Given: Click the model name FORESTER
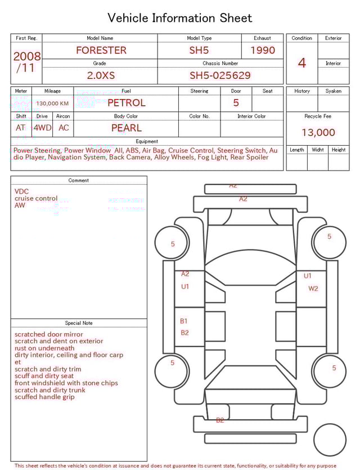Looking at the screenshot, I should point(101,50).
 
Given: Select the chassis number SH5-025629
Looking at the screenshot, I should point(220,75).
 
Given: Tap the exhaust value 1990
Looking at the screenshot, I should point(263,50).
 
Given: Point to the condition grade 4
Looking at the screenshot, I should point(302,62).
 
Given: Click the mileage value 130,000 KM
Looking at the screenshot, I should point(52,104).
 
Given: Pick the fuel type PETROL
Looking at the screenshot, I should point(126,102).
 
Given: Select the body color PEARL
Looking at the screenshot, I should point(126,128).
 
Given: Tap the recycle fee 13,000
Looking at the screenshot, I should point(318,132).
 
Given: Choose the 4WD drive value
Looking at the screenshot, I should point(42,128).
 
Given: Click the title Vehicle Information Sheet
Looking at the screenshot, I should point(180,18).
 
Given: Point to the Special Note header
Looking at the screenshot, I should point(79,323).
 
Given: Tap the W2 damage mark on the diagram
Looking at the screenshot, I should point(313,288).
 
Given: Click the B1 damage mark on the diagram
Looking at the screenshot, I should point(184,321).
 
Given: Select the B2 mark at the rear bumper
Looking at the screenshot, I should point(220,420).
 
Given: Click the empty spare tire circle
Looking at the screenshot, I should point(330,440).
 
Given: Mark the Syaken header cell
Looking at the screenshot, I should point(333,91).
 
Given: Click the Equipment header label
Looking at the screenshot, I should point(147,141).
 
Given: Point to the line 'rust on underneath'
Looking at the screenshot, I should point(44,348).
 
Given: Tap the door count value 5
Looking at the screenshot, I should point(236,102).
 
